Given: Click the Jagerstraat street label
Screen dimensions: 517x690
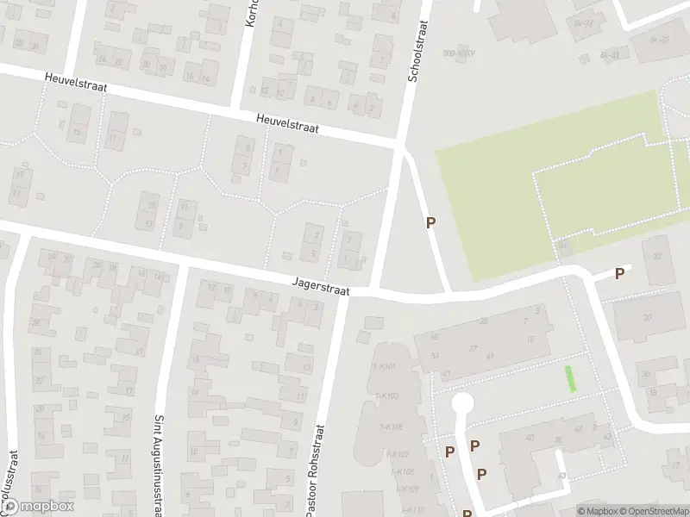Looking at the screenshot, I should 321,287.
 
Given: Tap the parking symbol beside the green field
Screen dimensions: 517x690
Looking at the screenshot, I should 431,222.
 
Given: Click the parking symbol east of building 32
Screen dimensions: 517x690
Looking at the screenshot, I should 619,274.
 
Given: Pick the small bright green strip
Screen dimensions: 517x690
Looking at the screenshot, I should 569,379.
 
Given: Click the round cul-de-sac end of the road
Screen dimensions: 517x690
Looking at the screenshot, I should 463,403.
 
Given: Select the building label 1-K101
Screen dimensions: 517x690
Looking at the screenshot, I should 385,367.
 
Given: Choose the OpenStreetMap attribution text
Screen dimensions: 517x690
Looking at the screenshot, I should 652,511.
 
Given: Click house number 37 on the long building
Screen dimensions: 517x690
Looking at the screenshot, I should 473,349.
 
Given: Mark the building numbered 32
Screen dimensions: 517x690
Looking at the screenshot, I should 657,256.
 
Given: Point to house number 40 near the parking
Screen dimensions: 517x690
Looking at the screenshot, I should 531,439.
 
